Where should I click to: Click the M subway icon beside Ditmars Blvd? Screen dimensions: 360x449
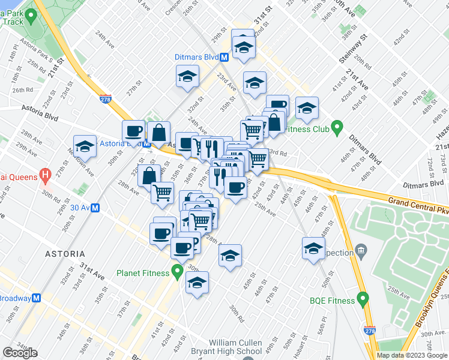point(224,58)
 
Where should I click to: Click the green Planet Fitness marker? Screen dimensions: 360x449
point(177,273)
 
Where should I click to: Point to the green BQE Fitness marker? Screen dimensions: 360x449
point(363,298)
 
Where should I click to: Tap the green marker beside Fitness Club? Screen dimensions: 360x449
point(337,127)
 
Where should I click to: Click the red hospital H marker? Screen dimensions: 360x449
point(44,176)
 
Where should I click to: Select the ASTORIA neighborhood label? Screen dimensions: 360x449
point(65,254)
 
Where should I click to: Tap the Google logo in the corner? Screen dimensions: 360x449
point(20,353)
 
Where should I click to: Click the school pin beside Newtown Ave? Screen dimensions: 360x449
point(85,146)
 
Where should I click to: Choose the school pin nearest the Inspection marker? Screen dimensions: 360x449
point(313,248)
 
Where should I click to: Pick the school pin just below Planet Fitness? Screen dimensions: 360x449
point(197,283)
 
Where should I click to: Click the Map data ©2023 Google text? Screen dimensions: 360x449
point(411,355)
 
